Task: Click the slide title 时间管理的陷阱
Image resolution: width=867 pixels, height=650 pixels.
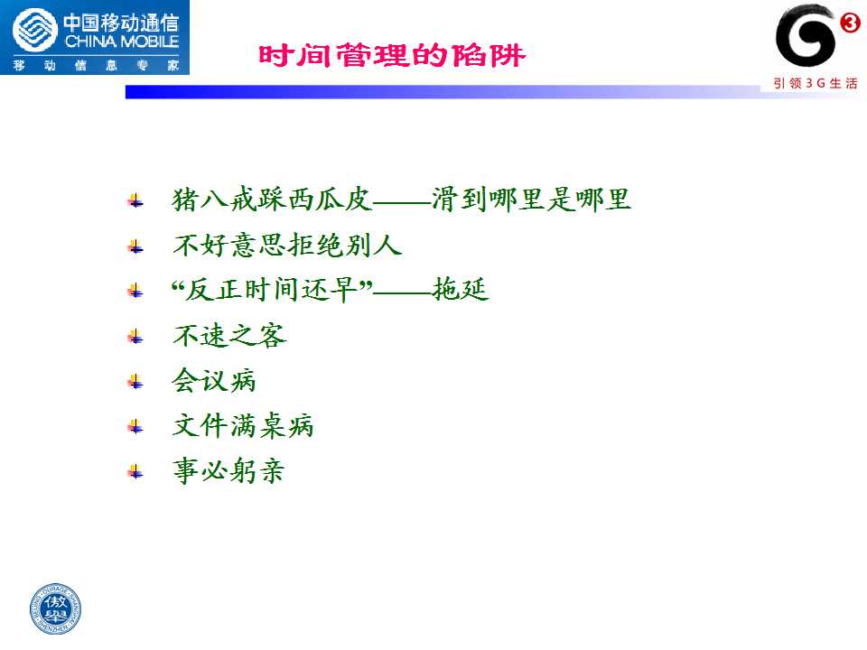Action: (391, 55)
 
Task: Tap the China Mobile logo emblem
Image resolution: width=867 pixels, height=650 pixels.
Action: (35, 31)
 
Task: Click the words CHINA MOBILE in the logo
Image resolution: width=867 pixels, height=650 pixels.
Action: (122, 42)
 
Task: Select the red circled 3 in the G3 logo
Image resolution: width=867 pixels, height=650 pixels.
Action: (850, 23)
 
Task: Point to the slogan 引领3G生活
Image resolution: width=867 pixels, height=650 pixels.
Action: (816, 83)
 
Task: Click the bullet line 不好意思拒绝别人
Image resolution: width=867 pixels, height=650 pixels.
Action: (287, 245)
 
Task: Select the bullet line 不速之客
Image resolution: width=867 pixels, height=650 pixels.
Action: (229, 335)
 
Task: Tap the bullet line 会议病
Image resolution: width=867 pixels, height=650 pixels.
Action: (214, 380)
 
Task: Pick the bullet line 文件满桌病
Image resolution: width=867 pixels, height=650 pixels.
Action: (243, 425)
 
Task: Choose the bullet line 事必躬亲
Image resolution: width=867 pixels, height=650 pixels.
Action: (228, 471)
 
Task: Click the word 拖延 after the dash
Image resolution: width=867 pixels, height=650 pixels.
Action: (461, 289)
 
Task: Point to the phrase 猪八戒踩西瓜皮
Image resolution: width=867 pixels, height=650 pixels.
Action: (272, 199)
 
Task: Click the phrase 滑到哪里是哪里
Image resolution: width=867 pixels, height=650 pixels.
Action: (531, 199)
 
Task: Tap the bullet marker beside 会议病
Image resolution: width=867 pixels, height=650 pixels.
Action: (135, 381)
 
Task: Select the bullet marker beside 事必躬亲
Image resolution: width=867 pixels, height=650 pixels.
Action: (135, 472)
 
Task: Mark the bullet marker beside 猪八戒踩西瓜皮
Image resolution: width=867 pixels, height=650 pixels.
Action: (135, 200)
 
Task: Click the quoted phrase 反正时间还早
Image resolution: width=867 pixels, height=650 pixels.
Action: (272, 289)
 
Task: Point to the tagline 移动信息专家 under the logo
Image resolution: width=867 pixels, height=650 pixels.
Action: (96, 65)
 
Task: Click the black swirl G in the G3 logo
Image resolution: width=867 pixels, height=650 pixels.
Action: (805, 36)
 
